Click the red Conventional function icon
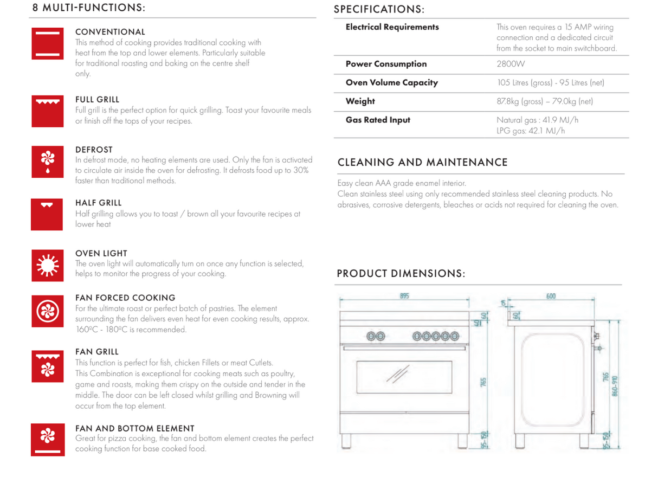pos(48,43)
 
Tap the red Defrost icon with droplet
pos(48,162)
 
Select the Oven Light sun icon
pos(48,266)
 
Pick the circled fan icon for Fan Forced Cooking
pos(48,311)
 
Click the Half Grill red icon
pos(48,214)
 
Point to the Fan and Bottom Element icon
pos(48,439)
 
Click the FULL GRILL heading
pos(97,100)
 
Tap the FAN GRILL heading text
pos(96,352)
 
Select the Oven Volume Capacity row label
pos(391,83)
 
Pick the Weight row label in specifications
pos(360,101)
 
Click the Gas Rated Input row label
pos(378,120)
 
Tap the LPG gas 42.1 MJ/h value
pos(531,131)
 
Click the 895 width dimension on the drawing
pos(404,296)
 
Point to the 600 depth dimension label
pos(551,296)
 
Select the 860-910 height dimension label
pos(615,385)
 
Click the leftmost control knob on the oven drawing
pos(372,337)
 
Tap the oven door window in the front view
pos(404,376)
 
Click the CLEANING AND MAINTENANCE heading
pos(422,163)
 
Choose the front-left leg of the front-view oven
pos(347,440)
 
